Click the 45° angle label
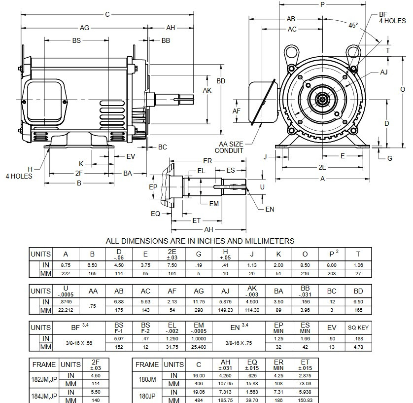click(x=353, y=25)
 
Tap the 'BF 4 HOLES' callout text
click(x=392, y=18)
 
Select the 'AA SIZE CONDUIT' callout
click(x=229, y=147)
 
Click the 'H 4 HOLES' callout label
click(x=19, y=173)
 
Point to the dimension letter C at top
click(x=107, y=14)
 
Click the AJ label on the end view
click(x=383, y=72)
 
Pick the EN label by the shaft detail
click(x=270, y=209)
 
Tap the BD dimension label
click(x=221, y=80)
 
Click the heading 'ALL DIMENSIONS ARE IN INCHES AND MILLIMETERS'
click(x=200, y=241)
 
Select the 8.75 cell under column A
click(x=66, y=265)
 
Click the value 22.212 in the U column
click(x=66, y=310)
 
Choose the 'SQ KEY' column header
click(x=358, y=328)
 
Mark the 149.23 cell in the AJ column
click(x=225, y=310)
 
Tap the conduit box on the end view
click(x=262, y=101)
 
